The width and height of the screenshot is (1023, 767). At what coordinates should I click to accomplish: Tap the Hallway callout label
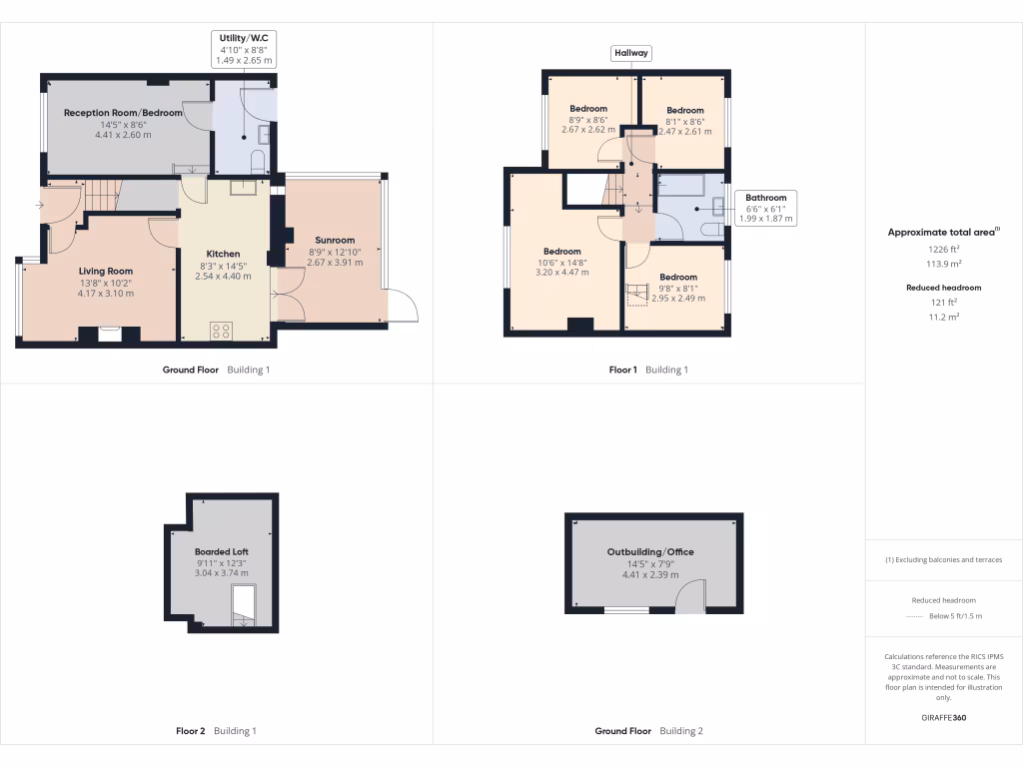pos(630,53)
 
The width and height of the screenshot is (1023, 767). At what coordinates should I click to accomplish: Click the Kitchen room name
pos(223,254)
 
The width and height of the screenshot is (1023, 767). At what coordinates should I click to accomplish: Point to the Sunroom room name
pos(335,240)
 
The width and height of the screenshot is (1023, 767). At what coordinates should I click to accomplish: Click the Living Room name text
pos(106,271)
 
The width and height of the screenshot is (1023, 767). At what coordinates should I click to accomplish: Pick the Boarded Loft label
pos(222,551)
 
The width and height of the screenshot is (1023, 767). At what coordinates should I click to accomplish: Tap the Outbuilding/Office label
pos(650,551)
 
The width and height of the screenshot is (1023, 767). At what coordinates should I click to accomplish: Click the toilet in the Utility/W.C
pos(258,162)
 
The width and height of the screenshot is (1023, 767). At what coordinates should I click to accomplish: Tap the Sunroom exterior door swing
pos(402,306)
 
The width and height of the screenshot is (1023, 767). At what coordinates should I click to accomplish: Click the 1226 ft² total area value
pos(943,250)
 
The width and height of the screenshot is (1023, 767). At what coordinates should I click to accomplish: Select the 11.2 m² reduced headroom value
pos(943,316)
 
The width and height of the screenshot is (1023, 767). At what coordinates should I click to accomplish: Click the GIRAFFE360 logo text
pos(943,718)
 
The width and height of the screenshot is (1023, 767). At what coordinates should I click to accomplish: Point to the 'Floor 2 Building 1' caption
pos(216,731)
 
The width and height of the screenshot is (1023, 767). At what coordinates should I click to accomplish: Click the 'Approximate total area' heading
pos(942,232)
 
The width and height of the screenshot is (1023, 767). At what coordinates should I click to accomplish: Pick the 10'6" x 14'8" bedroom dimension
pos(562,262)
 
